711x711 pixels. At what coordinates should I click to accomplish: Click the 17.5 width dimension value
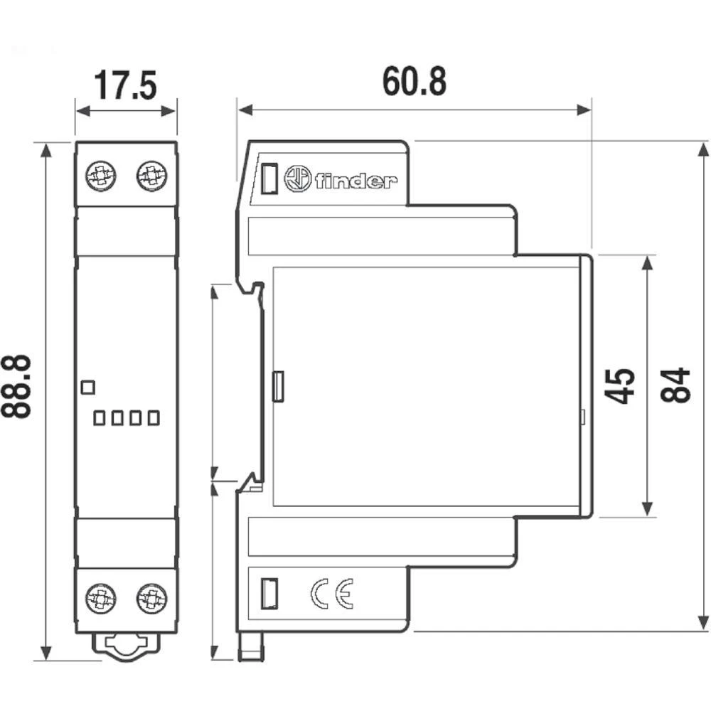pyautogui.click(x=126, y=85)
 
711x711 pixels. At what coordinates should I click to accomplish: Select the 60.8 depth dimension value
pyautogui.click(x=415, y=81)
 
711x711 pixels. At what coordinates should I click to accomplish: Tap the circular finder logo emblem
pyautogui.click(x=297, y=178)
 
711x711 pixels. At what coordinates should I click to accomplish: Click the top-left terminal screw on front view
pyautogui.click(x=101, y=175)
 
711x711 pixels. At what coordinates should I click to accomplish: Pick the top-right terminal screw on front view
pyautogui.click(x=151, y=175)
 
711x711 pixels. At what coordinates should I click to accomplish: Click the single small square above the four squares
pyautogui.click(x=88, y=387)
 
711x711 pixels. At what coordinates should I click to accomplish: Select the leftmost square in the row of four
pyautogui.click(x=100, y=417)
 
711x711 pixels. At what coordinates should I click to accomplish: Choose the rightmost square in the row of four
pyautogui.click(x=153, y=417)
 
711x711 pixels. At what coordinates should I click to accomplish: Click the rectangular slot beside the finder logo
pyautogui.click(x=269, y=178)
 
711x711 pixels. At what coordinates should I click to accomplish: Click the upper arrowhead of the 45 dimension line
pyautogui.click(x=646, y=262)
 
